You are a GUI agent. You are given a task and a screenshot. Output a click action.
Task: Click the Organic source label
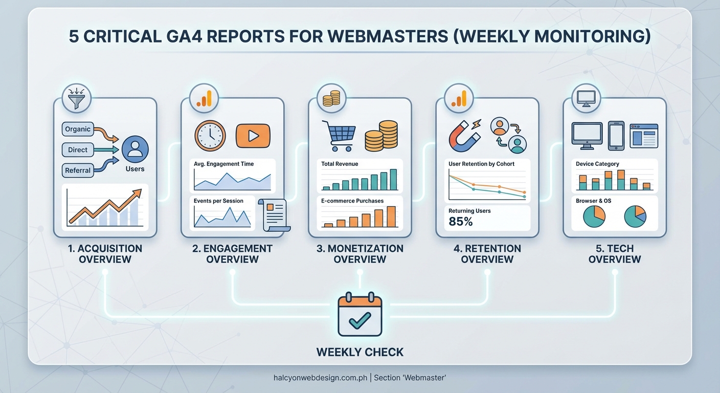[x=78, y=129]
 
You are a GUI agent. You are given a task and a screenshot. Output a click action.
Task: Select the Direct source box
[x=78, y=150]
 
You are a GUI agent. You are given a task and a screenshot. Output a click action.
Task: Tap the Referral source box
[x=78, y=170]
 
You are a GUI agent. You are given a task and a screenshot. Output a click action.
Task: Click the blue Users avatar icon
[x=135, y=149]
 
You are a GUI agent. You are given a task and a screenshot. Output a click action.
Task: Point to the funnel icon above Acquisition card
[x=76, y=98]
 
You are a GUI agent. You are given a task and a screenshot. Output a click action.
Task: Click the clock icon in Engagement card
[x=210, y=136]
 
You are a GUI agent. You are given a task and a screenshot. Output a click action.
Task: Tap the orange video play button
[x=253, y=136]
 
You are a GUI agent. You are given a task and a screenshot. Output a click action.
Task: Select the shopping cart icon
[x=338, y=136]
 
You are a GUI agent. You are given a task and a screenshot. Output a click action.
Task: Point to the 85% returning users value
[x=461, y=222]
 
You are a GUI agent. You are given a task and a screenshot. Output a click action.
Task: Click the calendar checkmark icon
[x=360, y=314]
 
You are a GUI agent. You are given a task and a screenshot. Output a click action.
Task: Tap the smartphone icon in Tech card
[x=616, y=136]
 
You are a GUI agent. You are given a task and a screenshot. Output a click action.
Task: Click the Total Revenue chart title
[x=340, y=164]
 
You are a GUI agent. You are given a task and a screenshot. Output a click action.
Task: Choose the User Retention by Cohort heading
[x=481, y=164]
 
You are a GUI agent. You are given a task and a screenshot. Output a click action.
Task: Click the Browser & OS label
[x=593, y=201]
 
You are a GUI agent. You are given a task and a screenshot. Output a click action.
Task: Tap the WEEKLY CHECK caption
[x=360, y=352]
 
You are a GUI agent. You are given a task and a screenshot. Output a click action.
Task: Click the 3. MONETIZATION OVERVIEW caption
[x=360, y=254]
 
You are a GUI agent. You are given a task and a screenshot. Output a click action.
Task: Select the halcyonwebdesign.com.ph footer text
[x=321, y=378]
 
